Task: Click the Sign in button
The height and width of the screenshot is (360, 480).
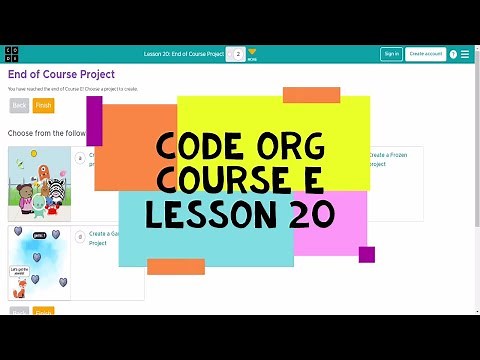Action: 391,54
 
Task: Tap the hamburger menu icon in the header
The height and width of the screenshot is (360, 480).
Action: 465,54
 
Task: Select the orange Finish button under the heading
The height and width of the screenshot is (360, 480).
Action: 43,105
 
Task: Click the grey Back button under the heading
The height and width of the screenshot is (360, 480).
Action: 19,105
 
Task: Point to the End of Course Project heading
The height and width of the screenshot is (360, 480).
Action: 62,74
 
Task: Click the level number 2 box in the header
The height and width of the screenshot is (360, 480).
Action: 238,54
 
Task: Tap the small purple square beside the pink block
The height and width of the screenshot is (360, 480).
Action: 366,254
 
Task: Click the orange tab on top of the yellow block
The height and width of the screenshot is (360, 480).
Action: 311,95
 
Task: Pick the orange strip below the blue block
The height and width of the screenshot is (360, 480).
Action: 176,266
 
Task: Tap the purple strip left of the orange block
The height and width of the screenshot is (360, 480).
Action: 95,121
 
